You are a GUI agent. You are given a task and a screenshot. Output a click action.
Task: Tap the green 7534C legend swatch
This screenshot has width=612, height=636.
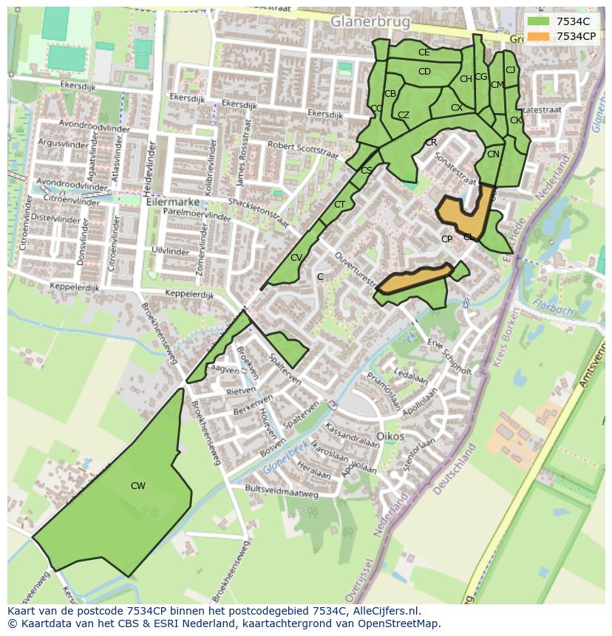[539, 21]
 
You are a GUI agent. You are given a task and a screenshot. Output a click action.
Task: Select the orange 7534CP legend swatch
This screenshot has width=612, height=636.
[539, 36]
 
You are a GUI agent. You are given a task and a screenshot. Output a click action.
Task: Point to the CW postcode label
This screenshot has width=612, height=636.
[137, 486]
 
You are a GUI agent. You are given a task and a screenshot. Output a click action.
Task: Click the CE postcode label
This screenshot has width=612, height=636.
[424, 52]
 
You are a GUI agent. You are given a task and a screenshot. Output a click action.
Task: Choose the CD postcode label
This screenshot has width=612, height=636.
[424, 72]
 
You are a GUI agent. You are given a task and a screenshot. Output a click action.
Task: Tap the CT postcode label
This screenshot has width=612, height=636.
[339, 205]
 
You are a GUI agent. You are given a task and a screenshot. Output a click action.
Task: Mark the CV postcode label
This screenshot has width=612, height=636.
[296, 258]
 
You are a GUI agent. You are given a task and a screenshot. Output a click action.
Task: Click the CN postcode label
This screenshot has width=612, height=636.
[493, 154]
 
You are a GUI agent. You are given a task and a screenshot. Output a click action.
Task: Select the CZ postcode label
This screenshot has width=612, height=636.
[403, 115]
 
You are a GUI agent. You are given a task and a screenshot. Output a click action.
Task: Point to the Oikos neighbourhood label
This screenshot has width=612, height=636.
[390, 436]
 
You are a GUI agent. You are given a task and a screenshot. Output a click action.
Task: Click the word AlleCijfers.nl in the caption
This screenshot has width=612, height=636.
[385, 611]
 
